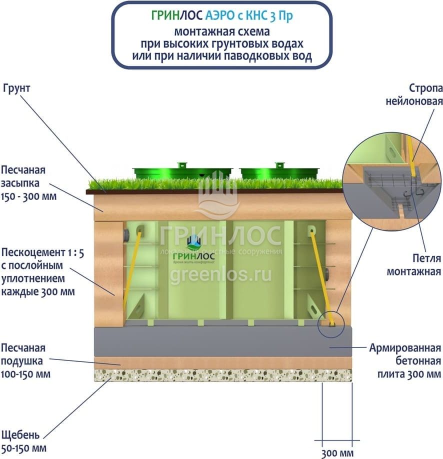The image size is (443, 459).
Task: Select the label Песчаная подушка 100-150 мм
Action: pos(26,360)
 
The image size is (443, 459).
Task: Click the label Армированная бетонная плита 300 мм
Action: pos(405,360)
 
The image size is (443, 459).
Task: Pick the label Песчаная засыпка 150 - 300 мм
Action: pos(28,182)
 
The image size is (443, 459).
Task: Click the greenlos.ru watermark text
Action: pos(220,274)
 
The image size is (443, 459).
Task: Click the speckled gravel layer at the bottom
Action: pos(222,375)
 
